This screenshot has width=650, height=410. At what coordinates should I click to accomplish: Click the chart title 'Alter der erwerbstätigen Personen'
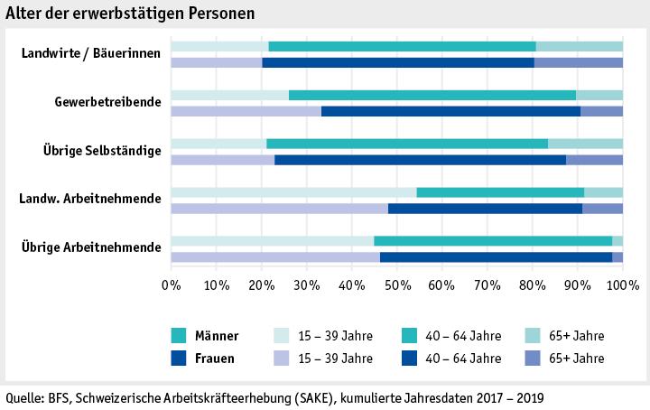click(130, 14)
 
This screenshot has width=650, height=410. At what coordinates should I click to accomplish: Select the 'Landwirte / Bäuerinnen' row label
click(91, 53)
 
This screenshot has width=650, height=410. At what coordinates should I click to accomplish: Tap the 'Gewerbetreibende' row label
click(108, 102)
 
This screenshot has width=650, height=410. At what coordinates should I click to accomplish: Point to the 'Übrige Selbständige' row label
click(102, 151)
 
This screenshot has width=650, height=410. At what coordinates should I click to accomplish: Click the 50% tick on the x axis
click(396, 286)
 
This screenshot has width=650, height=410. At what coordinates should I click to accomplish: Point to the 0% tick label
click(171, 286)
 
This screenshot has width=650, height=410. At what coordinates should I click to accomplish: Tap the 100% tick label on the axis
click(622, 286)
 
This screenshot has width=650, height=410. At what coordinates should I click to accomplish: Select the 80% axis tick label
click(533, 286)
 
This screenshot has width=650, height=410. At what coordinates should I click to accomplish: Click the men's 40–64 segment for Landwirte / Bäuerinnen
click(402, 46)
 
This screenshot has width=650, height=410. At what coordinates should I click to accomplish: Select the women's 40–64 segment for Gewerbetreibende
click(450, 111)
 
